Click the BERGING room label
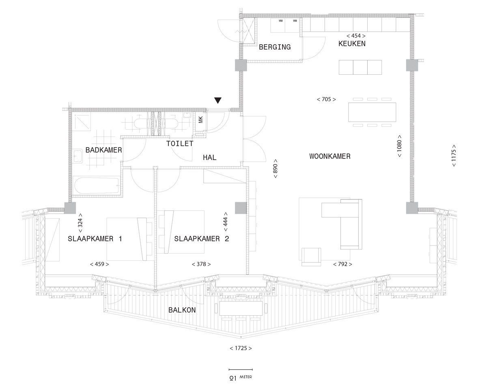(x=275, y=47)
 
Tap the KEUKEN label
(x=352, y=43)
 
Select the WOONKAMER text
(x=330, y=156)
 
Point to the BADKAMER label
(x=103, y=150)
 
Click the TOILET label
(x=180, y=144)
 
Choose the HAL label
(x=209, y=158)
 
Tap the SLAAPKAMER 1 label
(x=95, y=238)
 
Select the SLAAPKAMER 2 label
(x=202, y=238)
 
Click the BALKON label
(x=182, y=310)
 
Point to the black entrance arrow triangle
(x=218, y=100)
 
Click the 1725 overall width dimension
(x=241, y=348)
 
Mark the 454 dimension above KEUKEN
(x=356, y=36)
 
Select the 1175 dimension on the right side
(x=454, y=156)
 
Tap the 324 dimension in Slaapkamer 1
(x=80, y=223)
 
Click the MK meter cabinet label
(x=201, y=120)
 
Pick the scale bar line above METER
(x=241, y=370)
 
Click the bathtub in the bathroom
(x=97, y=186)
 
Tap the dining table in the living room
(x=372, y=112)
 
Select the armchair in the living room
(x=311, y=257)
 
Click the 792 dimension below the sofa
(x=343, y=264)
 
